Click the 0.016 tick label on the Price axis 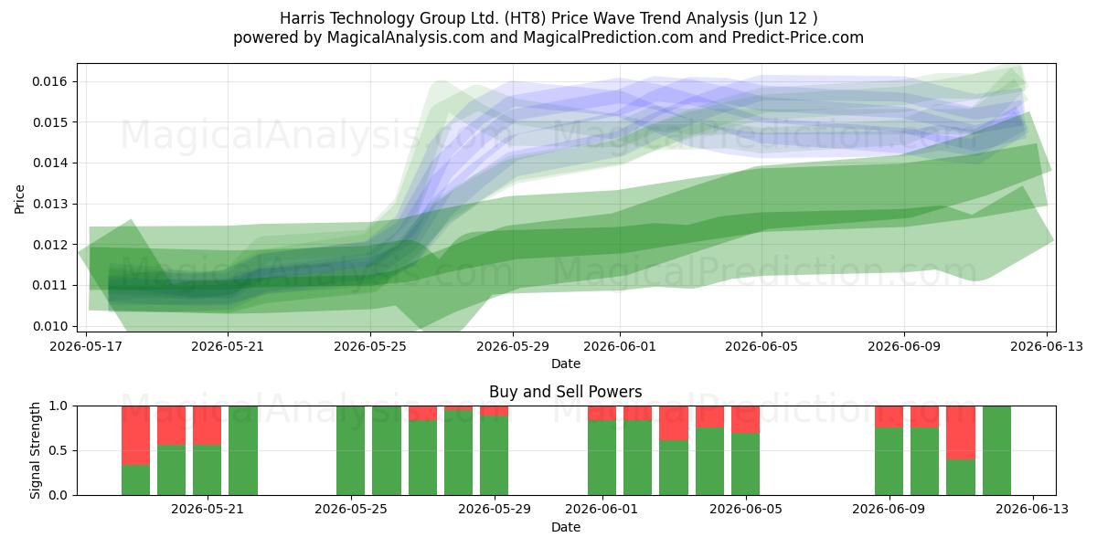49,81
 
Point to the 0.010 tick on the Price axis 49,326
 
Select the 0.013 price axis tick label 49,204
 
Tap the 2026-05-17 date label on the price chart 86,346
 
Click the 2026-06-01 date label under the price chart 620,346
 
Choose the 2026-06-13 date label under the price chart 1047,346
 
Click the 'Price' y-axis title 19,199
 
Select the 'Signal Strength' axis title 35,450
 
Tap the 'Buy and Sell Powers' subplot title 566,392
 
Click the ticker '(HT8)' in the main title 525,18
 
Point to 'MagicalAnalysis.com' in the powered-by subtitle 406,37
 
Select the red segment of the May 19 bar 135,436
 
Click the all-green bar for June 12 996,450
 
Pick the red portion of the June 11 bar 961,433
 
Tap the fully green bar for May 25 351,450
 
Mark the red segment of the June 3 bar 674,423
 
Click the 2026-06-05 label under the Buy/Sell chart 746,509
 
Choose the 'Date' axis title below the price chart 566,364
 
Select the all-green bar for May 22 243,450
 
